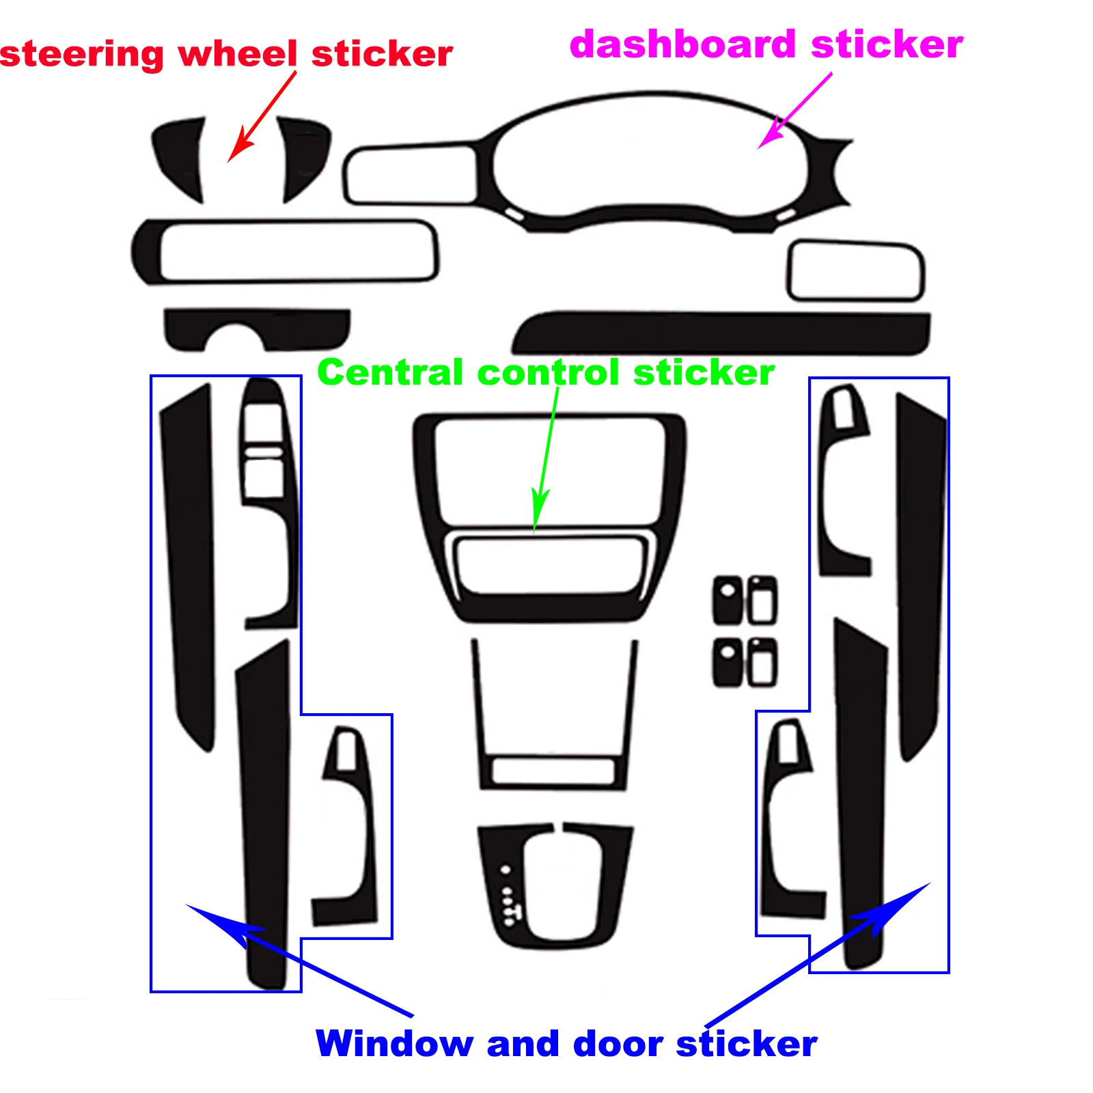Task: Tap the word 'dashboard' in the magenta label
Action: (x=682, y=44)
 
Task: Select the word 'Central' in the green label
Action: (x=390, y=373)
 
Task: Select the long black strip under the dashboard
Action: (x=724, y=333)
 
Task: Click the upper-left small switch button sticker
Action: (x=728, y=599)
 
